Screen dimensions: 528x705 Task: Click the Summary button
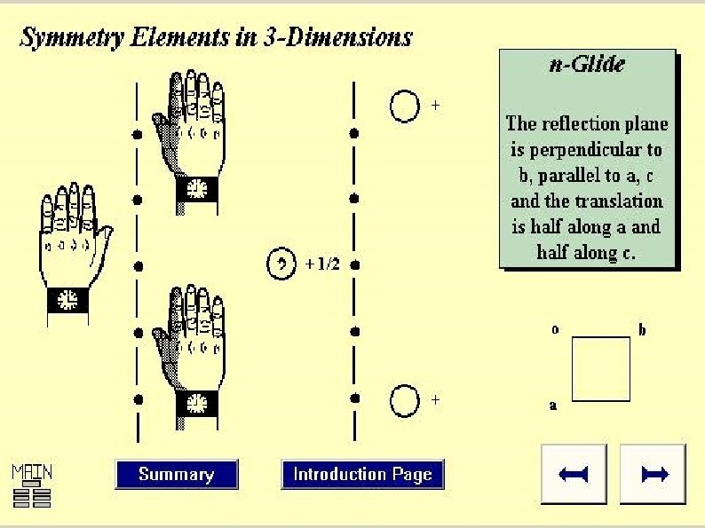coord(177,475)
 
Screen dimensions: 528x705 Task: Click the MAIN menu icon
coord(31,485)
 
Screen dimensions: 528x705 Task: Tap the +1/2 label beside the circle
coord(321,264)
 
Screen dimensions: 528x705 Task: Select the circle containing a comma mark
coord(281,264)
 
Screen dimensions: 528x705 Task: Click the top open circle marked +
coord(404,106)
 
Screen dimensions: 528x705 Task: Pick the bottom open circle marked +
coord(404,400)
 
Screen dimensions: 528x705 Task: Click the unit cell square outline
coord(600,368)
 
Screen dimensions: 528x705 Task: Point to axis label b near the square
coord(643,329)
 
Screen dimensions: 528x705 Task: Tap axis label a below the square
coord(552,407)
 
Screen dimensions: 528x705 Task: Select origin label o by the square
coord(555,329)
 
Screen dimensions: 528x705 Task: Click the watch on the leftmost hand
coord(67,300)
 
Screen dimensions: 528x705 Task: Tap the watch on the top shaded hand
coord(196,188)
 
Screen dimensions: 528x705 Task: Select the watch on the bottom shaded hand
coord(196,405)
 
